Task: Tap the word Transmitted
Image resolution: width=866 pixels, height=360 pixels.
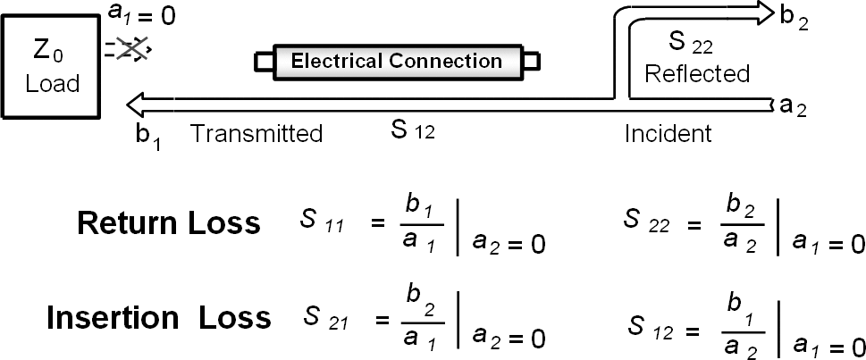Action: (x=256, y=134)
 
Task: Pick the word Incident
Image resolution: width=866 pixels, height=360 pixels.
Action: (x=668, y=134)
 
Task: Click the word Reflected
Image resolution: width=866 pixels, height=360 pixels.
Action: (x=697, y=73)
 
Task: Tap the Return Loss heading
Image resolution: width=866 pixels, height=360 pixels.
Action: (x=169, y=223)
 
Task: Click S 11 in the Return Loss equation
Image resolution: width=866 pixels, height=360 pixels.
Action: (x=318, y=223)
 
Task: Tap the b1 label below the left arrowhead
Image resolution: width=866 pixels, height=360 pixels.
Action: (x=148, y=136)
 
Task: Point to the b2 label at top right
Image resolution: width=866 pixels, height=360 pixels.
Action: (x=794, y=19)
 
